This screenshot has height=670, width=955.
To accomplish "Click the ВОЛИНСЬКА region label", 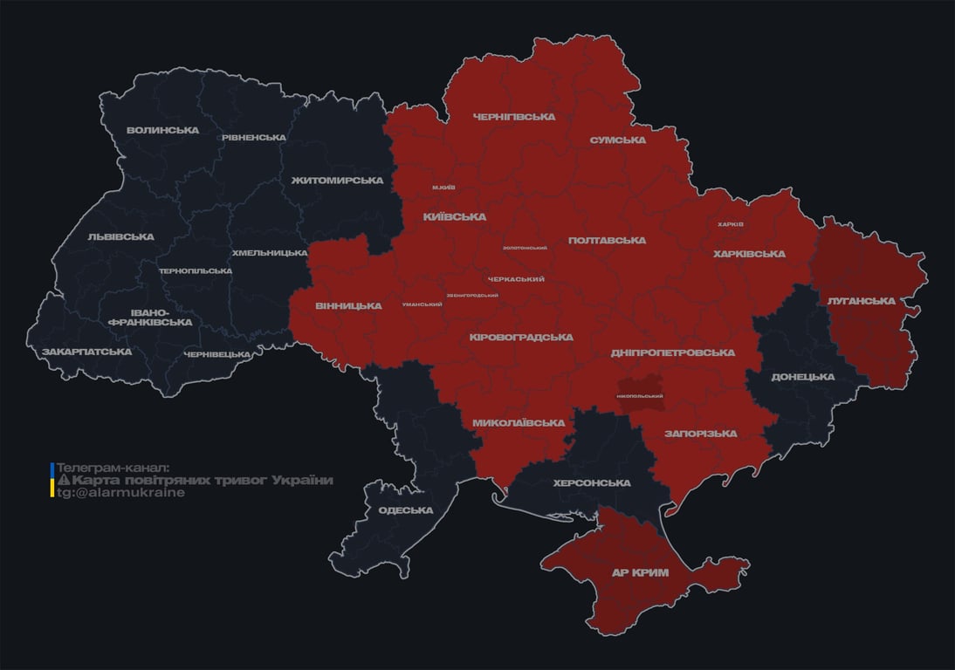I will tap(162, 131).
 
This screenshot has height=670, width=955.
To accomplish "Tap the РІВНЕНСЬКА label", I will tap(253, 138).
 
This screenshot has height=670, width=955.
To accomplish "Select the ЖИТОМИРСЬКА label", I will tap(338, 181).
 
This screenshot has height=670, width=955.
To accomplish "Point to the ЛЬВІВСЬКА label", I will tap(120, 236).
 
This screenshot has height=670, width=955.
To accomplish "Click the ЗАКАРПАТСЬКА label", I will tap(86, 352).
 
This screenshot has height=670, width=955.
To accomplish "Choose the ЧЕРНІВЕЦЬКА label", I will tap(217, 354).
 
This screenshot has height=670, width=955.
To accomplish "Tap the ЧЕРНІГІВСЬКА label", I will tap(513, 117).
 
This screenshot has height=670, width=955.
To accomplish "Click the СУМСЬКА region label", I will tap(617, 140).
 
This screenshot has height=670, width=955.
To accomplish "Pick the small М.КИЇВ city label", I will tap(443, 188).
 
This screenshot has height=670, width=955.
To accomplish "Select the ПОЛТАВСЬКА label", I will tap(607, 240).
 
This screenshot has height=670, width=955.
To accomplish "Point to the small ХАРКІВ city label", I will tap(730, 224).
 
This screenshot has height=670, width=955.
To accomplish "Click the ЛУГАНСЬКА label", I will tap(861, 301).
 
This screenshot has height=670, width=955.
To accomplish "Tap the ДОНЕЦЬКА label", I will tap(802, 377).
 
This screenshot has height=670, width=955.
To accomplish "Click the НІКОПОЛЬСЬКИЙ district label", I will tap(640, 396).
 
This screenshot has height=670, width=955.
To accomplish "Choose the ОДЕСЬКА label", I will tap(406, 510).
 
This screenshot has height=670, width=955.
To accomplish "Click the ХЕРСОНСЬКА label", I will tap(592, 483).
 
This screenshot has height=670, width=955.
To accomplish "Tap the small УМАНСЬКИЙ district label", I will tap(422, 304).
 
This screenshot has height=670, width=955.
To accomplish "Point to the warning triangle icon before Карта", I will tap(63, 481).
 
